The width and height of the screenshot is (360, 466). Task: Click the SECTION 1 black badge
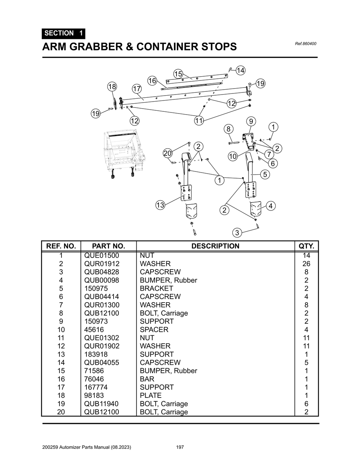click(x=63, y=33)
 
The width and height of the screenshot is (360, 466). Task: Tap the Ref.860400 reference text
click(x=306, y=44)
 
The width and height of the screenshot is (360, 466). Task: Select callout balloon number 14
click(x=240, y=71)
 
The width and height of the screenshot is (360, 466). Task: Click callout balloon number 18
click(x=112, y=87)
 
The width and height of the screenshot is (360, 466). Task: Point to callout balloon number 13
click(x=160, y=205)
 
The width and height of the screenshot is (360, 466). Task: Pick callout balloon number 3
click(x=237, y=233)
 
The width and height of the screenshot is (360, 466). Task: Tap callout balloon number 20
click(x=168, y=153)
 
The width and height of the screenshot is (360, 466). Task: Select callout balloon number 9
click(x=251, y=122)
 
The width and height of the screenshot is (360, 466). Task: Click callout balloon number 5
click(x=265, y=174)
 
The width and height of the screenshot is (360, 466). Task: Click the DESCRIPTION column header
click(x=215, y=246)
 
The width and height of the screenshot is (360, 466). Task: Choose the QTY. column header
click(x=306, y=246)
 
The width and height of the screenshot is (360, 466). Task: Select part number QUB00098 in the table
click(x=102, y=280)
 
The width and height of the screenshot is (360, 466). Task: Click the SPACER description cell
click(x=154, y=330)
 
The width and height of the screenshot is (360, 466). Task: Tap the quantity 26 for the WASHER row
click(x=306, y=264)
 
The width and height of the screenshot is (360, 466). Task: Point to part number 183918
click(x=96, y=354)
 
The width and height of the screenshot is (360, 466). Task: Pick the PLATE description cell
click(x=150, y=395)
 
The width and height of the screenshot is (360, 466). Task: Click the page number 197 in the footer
click(x=180, y=447)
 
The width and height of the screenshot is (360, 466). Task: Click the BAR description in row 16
click(x=147, y=379)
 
